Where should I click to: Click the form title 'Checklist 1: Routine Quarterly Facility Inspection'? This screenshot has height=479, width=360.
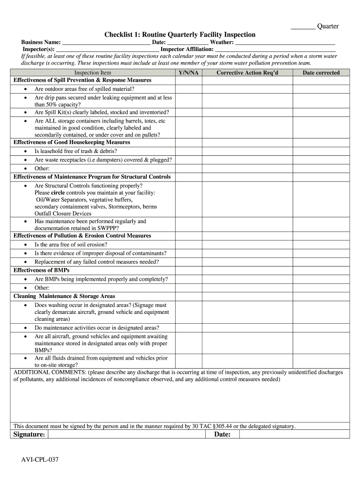coord(180,35)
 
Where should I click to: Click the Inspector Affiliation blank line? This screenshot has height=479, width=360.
coord(275,49)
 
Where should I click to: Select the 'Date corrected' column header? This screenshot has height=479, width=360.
coord(321,73)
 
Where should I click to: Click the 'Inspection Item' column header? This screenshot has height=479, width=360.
coord(93,73)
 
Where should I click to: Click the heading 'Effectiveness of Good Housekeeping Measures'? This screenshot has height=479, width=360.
coord(72,142)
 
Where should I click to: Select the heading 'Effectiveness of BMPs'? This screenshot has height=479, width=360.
coord(42,270)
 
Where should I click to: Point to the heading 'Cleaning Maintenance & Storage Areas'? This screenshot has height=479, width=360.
coord(64,296)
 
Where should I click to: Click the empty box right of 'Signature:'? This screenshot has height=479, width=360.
coord(127,435)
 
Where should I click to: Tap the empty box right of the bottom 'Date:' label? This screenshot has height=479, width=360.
coord(294,435)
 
